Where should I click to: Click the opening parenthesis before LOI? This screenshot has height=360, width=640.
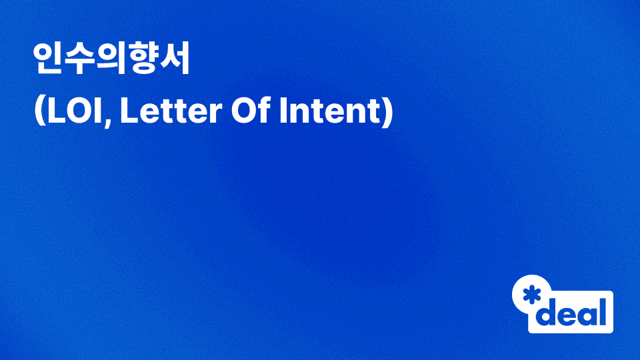38,112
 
